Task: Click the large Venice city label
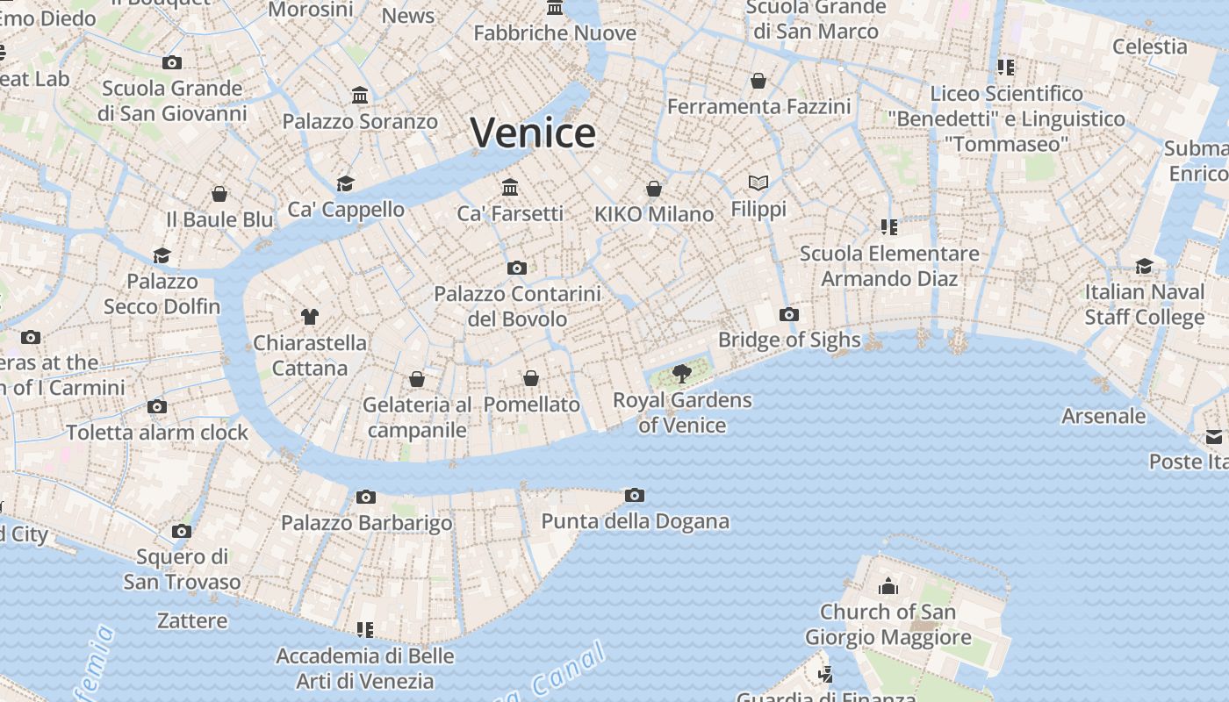[x=533, y=133]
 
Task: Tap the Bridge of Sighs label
[x=788, y=340]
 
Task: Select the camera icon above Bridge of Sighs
[x=788, y=314]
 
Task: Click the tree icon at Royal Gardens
[x=681, y=375]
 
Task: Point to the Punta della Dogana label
[x=635, y=521]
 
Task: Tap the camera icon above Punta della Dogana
[x=634, y=496]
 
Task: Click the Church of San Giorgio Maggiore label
[x=888, y=624]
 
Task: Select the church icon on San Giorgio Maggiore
[x=888, y=585]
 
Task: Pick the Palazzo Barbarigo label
[x=366, y=523]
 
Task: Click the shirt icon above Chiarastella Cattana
[x=309, y=316]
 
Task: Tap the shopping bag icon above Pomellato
[x=530, y=378]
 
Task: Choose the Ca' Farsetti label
[x=509, y=213]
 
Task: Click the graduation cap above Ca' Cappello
[x=345, y=183]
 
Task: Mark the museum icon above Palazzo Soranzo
[x=360, y=95]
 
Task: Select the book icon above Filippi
[x=758, y=183]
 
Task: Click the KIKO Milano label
[x=653, y=214]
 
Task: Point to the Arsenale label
[x=1103, y=416]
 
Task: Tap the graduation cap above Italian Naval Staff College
[x=1144, y=266]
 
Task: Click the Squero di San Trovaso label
[x=182, y=569]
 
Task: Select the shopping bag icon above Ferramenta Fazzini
[x=758, y=81]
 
